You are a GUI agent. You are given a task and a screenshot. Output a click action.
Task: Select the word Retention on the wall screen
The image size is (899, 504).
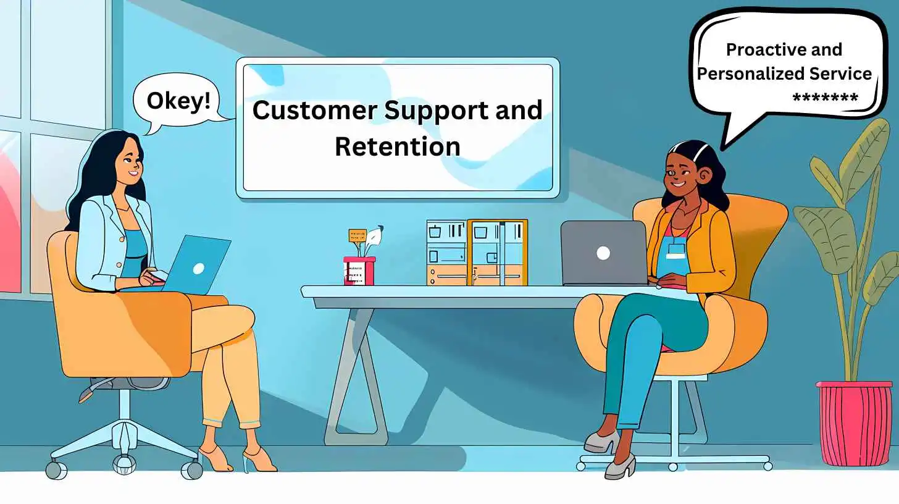(x=397, y=146)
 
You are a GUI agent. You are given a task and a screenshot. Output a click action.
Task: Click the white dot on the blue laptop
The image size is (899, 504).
(x=198, y=269)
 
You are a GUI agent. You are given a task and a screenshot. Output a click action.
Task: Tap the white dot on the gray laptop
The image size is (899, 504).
(x=603, y=253)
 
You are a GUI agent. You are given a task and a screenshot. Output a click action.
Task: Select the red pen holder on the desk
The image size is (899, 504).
(x=359, y=271)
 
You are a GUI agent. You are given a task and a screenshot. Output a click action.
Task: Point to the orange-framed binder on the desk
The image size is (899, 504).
(x=497, y=253)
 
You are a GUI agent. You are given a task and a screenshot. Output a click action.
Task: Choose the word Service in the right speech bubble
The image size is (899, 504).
(x=842, y=74)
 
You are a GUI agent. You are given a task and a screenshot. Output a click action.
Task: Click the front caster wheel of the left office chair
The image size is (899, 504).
(x=124, y=463)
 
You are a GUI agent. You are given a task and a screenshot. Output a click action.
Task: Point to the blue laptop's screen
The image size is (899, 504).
(x=194, y=264)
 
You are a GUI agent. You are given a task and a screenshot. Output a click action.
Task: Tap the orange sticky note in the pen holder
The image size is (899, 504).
(x=357, y=235)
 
